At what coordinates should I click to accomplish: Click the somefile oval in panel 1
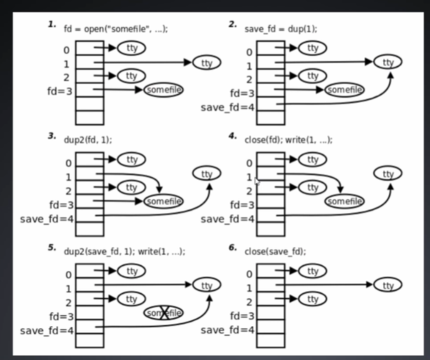tap(163, 90)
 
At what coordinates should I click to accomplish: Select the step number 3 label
tap(51, 136)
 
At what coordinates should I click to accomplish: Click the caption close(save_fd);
tap(275, 251)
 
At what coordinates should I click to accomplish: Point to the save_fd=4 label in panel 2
tap(228, 107)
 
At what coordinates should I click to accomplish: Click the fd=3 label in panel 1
tap(59, 91)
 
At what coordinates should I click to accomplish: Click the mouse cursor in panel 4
tap(257, 181)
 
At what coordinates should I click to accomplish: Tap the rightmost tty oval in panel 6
tap(388, 285)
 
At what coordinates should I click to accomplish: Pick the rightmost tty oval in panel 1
tap(207, 63)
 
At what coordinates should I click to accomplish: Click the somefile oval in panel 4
tap(344, 201)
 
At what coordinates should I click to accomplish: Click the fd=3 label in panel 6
tap(241, 316)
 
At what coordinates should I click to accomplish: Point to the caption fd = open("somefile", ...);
tap(116, 29)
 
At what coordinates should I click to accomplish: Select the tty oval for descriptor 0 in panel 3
tap(131, 160)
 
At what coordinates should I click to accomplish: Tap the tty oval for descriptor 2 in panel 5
tap(131, 299)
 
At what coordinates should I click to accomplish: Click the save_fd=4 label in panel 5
tap(46, 331)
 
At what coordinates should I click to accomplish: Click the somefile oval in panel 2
tap(344, 90)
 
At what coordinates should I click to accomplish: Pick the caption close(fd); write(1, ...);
tap(288, 140)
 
